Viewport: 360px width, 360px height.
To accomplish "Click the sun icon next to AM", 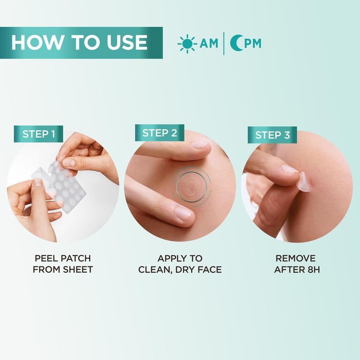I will tap(187, 43).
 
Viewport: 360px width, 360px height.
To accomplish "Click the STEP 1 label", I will tap(38, 134).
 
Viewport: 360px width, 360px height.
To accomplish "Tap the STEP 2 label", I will tap(160, 133).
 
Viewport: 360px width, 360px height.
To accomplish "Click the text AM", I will tap(209, 43).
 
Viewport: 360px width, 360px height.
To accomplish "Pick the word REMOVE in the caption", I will tap(295, 259).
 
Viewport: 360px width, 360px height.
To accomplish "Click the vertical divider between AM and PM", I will tap(224, 43).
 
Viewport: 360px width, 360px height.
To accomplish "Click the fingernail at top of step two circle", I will tap(199, 145).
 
